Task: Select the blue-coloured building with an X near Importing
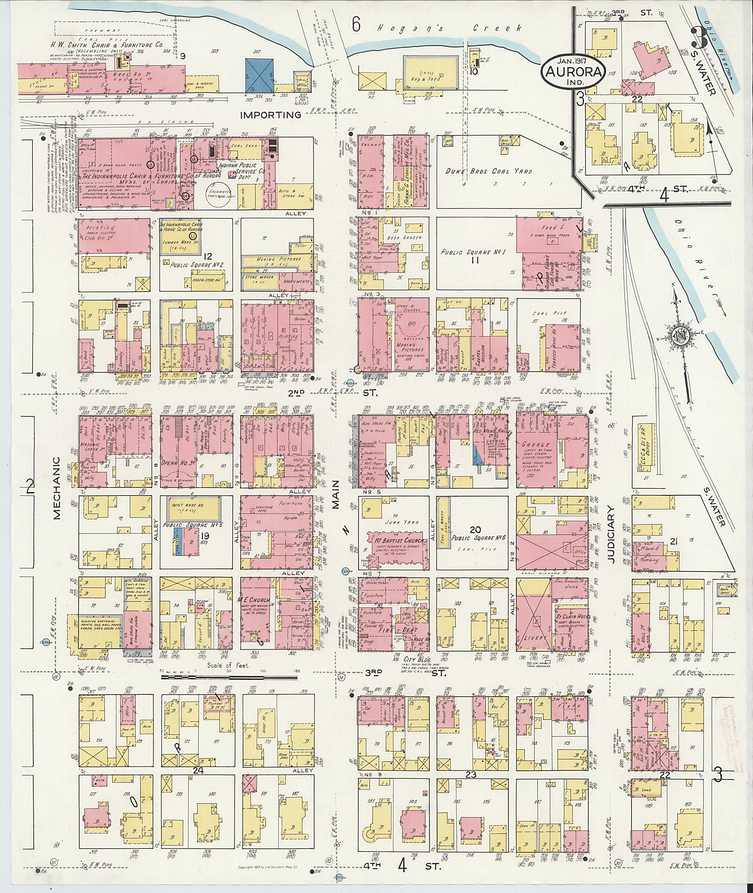[260, 74]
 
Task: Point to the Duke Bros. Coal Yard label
[489, 171]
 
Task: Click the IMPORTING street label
[271, 115]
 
